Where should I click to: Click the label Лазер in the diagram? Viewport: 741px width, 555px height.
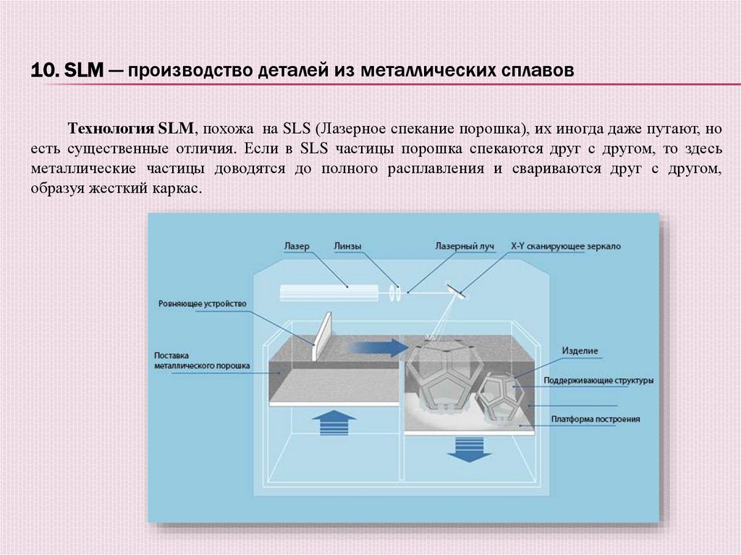click(x=296, y=246)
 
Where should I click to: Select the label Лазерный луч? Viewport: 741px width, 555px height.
click(x=464, y=246)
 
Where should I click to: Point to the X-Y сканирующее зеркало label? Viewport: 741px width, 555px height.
click(x=565, y=246)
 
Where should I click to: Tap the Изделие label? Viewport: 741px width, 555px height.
click(x=580, y=351)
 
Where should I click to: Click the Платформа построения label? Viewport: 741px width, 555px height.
click(x=595, y=419)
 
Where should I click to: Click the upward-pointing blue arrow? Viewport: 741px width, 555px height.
click(x=336, y=420)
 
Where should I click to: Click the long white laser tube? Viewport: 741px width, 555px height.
click(x=329, y=292)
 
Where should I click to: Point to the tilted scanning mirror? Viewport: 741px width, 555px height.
click(x=457, y=290)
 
